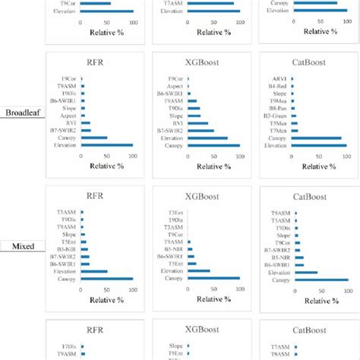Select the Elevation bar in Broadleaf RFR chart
coord(106,145)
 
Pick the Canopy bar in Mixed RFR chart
coord(106,279)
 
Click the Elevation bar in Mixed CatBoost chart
coord(307,272)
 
